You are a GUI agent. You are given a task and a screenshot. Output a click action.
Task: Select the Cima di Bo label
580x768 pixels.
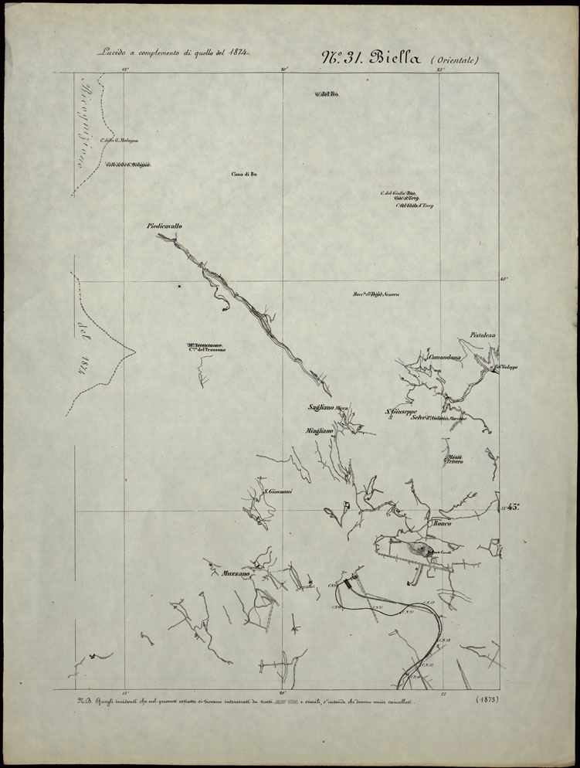click(243, 175)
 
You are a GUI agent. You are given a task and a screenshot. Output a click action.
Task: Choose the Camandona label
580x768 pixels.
click(445, 357)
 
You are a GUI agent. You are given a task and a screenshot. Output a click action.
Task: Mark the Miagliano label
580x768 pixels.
click(319, 430)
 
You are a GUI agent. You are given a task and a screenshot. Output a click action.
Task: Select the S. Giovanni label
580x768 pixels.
click(276, 491)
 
